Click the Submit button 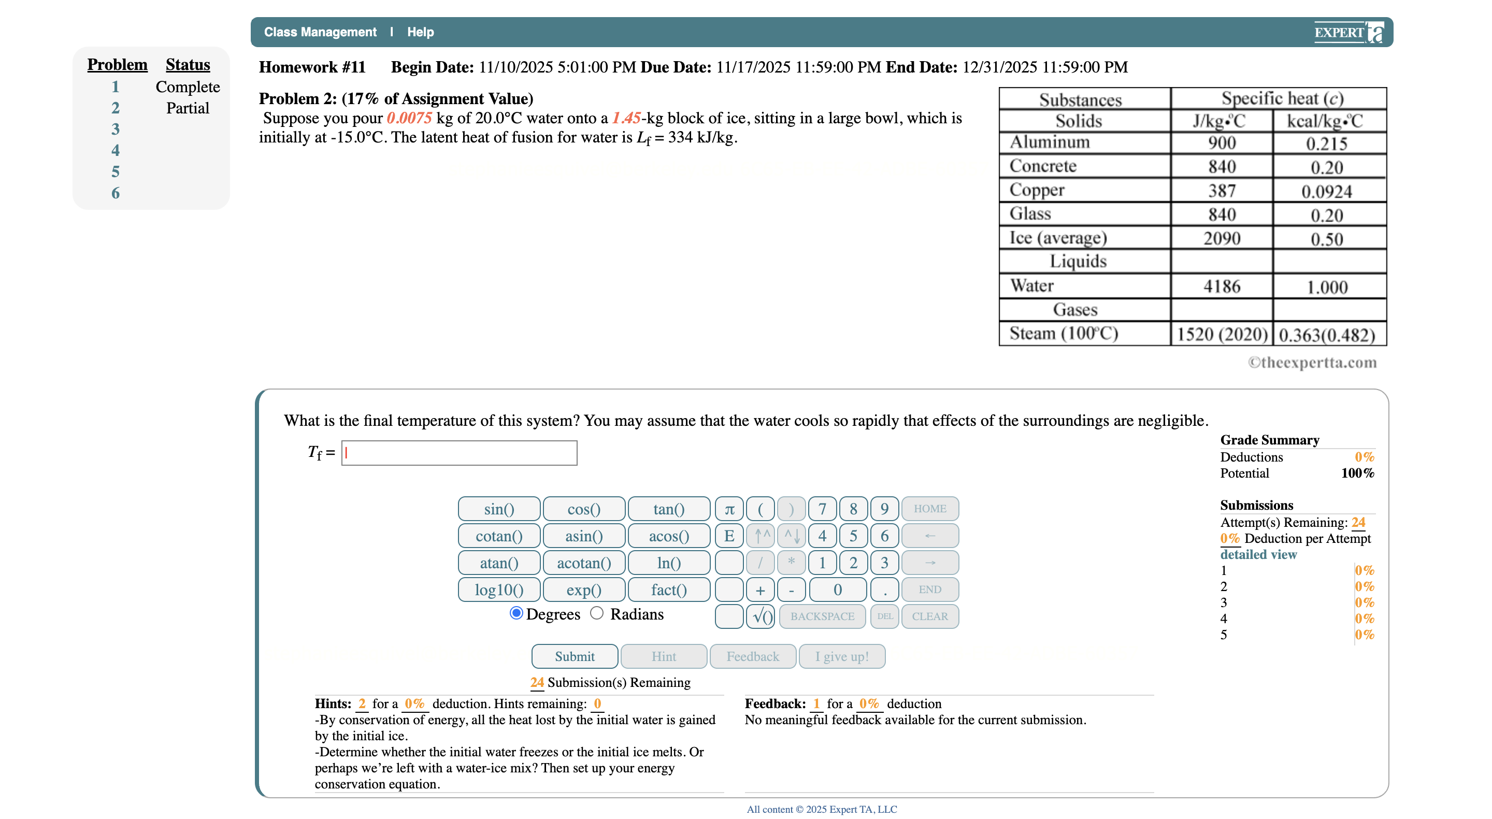point(574,656)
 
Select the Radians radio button point(597,613)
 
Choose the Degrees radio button point(516,613)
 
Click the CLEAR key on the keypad point(929,616)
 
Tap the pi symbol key point(729,509)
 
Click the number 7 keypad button point(822,509)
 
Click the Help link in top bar point(420,32)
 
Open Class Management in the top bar point(320,32)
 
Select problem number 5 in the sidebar point(115,172)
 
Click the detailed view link point(1258,554)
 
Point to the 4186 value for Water point(1221,286)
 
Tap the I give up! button point(841,656)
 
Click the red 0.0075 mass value point(409,118)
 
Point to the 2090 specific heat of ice point(1221,238)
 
